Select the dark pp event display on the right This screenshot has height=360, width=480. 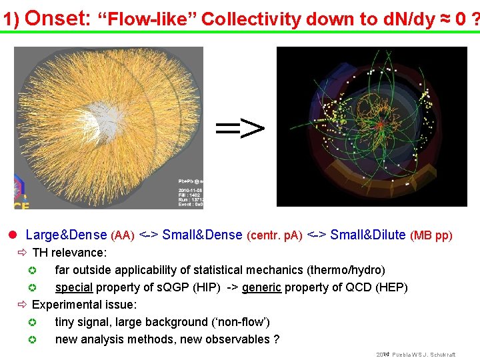tap(371, 127)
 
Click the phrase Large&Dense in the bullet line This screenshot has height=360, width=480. tap(66, 235)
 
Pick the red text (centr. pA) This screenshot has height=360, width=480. tap(275, 235)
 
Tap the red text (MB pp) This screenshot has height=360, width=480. tap(431, 235)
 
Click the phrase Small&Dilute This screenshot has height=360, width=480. tap(368, 235)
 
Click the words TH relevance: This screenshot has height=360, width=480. tap(69, 253)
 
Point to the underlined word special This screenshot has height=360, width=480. tap(73, 287)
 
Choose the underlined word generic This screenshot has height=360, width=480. tap(261, 287)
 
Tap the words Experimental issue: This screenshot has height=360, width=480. tap(85, 305)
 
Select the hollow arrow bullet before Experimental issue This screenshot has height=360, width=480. tap(22, 305)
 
